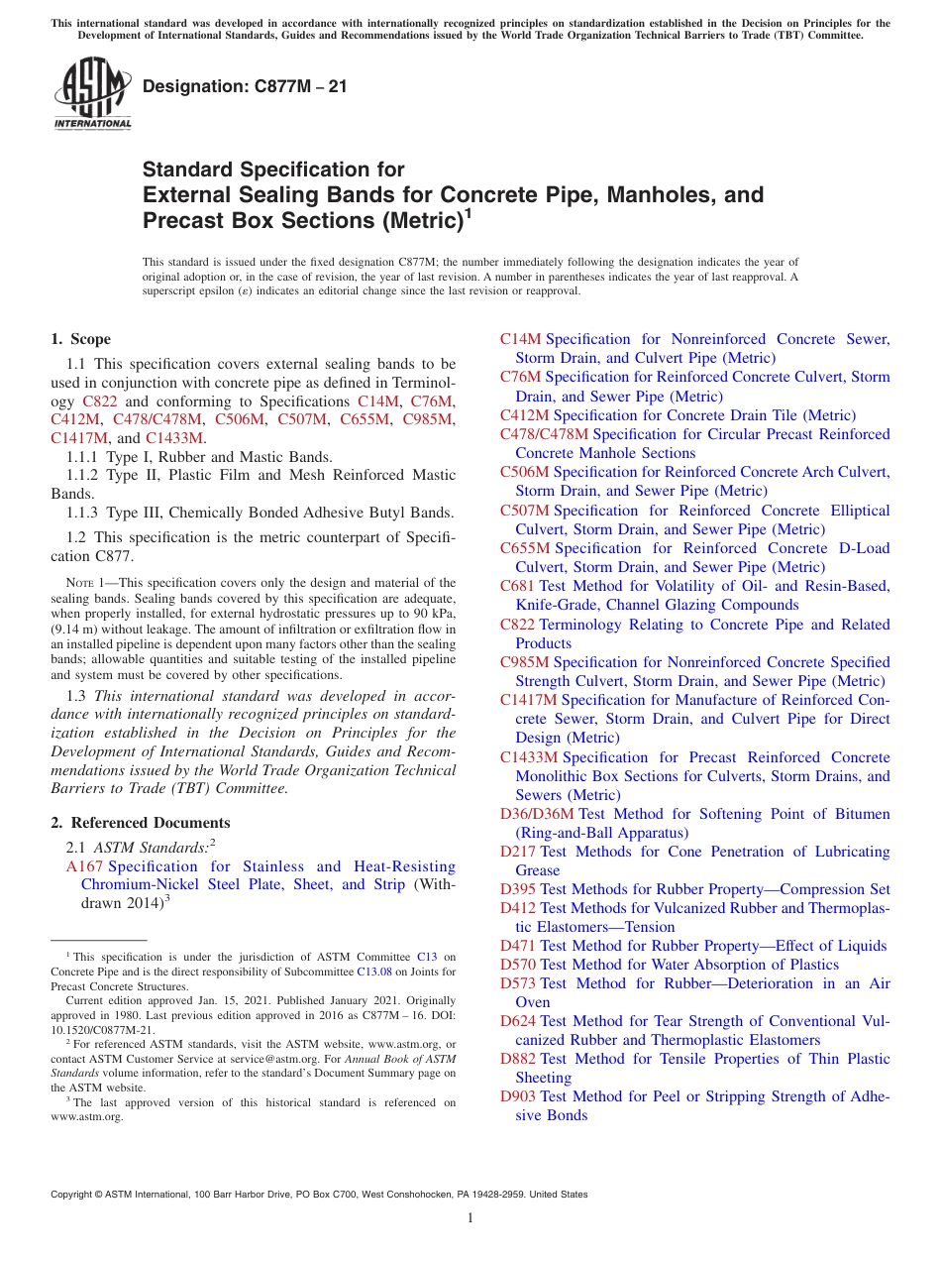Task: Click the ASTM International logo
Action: pyautogui.click(x=92, y=94)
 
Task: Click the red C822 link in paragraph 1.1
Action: pyautogui.click(x=99, y=401)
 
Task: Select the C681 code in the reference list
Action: pyautogui.click(x=517, y=586)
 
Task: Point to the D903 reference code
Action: pyautogui.click(x=518, y=1096)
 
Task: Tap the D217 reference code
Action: pyautogui.click(x=518, y=852)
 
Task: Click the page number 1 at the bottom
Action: pyautogui.click(x=470, y=1218)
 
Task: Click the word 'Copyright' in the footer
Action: pyautogui.click(x=74, y=1195)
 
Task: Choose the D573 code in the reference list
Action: pyautogui.click(x=518, y=983)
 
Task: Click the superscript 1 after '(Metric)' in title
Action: pyautogui.click(x=469, y=213)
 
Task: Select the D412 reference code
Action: pyautogui.click(x=518, y=908)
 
